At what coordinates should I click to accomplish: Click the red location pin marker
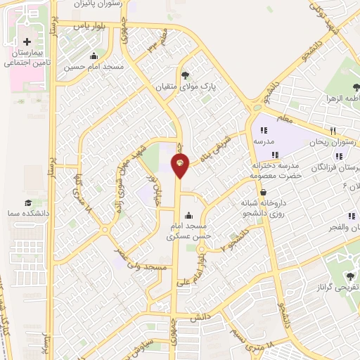click(x=181, y=167)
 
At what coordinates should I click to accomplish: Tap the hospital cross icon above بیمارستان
click(x=27, y=42)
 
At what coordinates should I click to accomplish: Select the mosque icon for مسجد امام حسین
click(x=94, y=57)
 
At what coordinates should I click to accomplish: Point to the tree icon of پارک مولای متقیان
click(x=185, y=75)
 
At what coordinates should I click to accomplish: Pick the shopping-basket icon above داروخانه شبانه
click(x=263, y=192)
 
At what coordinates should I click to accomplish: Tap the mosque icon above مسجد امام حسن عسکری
click(x=188, y=216)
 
